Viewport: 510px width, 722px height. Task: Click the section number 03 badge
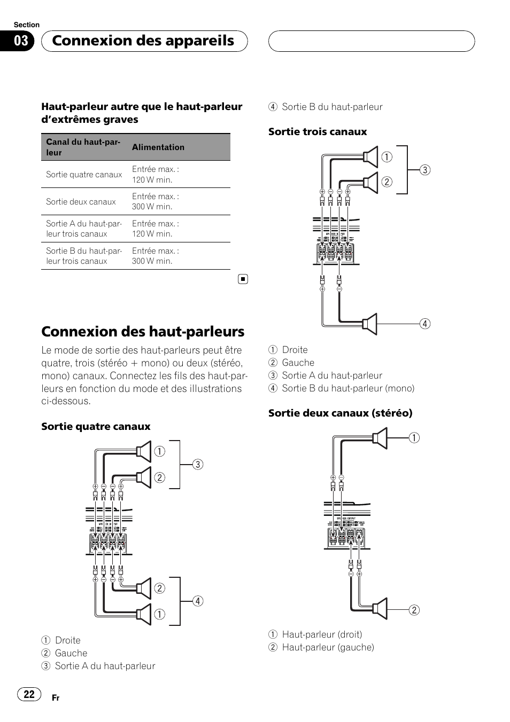tap(21, 41)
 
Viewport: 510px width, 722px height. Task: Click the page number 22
tap(29, 694)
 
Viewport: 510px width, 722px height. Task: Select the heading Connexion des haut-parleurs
tap(143, 332)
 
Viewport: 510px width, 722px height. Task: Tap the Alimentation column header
tap(158, 147)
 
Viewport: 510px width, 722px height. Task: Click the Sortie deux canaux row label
tap(81, 202)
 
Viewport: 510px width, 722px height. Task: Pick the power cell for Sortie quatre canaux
tap(156, 175)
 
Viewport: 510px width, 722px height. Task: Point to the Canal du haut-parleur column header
tap(83, 147)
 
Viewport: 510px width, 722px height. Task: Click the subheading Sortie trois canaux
tap(318, 132)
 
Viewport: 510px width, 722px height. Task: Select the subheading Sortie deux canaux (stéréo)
tap(340, 413)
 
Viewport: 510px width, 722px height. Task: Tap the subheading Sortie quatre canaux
tap(96, 427)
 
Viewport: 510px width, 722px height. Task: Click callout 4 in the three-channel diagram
tap(424, 324)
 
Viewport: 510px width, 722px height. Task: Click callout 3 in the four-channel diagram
tap(198, 465)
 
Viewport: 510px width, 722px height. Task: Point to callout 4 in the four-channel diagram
tap(198, 601)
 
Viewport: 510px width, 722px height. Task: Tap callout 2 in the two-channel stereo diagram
tap(414, 610)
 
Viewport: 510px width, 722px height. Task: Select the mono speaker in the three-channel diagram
tap(370, 324)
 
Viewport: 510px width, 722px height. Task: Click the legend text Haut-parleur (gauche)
tap(328, 647)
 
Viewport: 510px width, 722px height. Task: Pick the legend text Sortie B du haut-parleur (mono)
tap(348, 388)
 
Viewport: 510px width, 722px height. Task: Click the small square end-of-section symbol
tap(243, 279)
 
